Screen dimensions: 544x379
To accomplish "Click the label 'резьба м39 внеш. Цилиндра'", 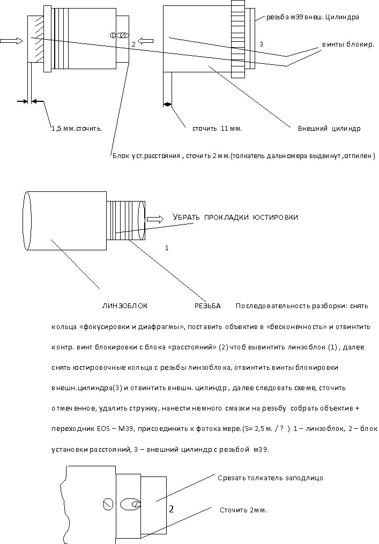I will point(313,17).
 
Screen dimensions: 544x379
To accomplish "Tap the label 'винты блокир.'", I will point(347,44).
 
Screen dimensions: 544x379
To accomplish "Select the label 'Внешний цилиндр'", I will point(329,129).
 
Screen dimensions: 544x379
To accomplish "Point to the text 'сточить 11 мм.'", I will point(217,129).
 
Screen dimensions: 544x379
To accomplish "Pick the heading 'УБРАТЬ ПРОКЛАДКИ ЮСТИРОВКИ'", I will point(235,217).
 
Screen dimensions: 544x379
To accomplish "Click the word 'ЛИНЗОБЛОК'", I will point(124,306).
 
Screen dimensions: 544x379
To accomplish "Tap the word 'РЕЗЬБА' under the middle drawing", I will point(207,306).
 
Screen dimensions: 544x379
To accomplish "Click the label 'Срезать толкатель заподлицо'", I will point(270,478).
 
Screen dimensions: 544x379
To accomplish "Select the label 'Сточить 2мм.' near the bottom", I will point(243,510).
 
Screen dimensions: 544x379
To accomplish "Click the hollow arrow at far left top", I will point(12,40).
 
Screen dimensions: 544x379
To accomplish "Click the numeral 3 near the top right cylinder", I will point(261,44).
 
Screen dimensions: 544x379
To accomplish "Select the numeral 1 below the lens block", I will point(167,249).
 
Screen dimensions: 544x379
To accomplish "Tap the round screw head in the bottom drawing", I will point(107,504).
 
